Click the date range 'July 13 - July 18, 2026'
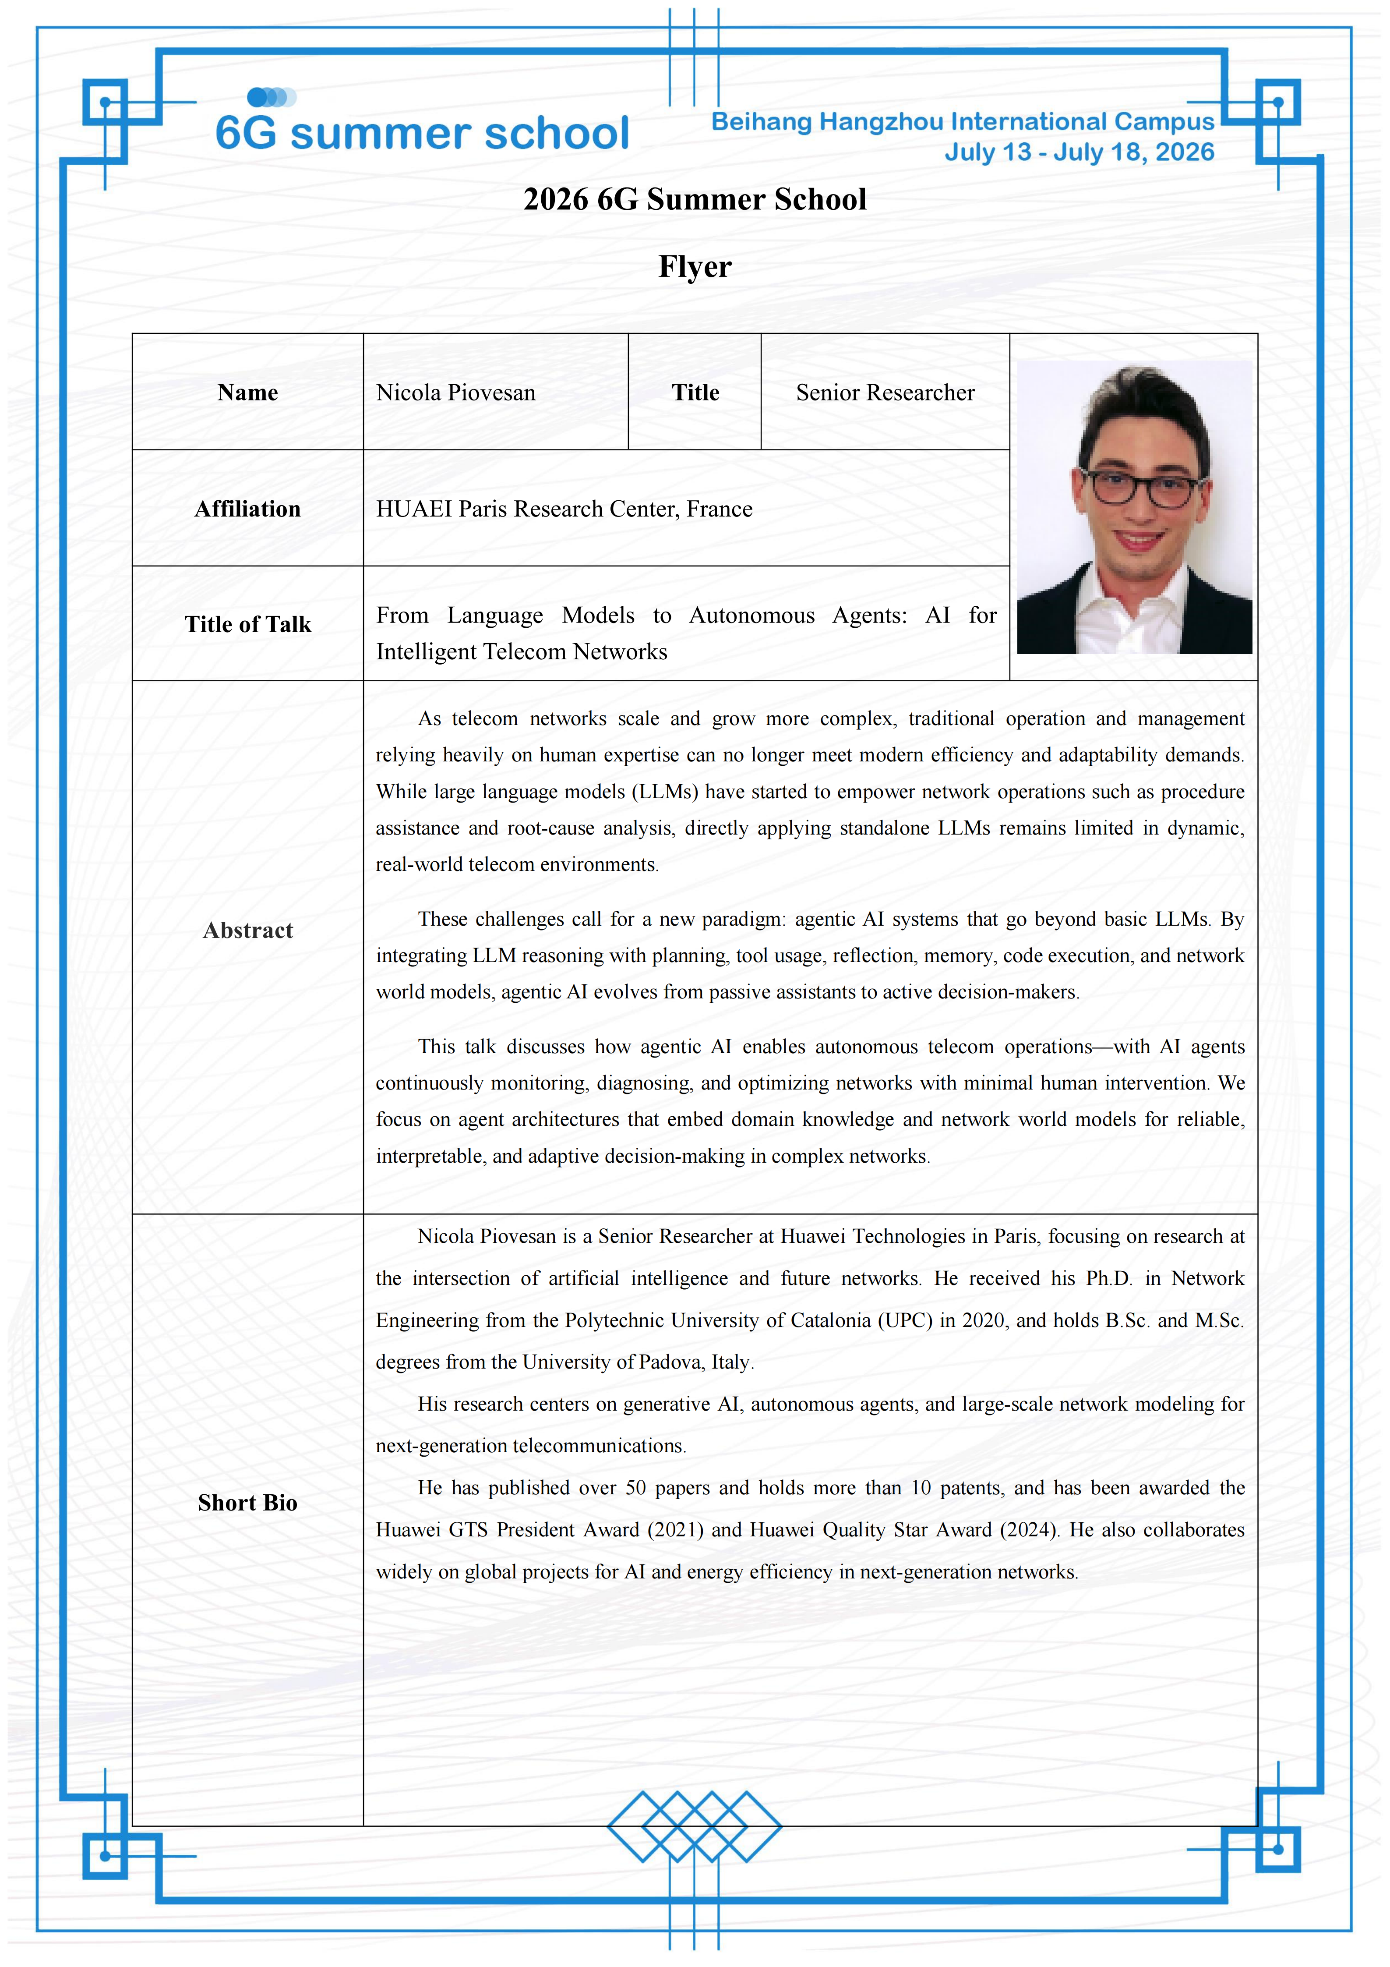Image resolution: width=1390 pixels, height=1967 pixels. point(1079,152)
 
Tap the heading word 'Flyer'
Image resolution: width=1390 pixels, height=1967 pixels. point(695,266)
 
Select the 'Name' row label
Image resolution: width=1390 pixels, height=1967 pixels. point(247,393)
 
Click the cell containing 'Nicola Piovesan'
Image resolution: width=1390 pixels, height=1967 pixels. point(455,393)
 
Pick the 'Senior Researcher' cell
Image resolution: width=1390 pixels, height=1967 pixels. point(885,393)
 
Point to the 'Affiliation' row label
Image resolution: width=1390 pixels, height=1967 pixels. point(247,509)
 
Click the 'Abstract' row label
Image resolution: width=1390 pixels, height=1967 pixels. point(247,930)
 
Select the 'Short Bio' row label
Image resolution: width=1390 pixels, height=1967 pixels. point(247,1503)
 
